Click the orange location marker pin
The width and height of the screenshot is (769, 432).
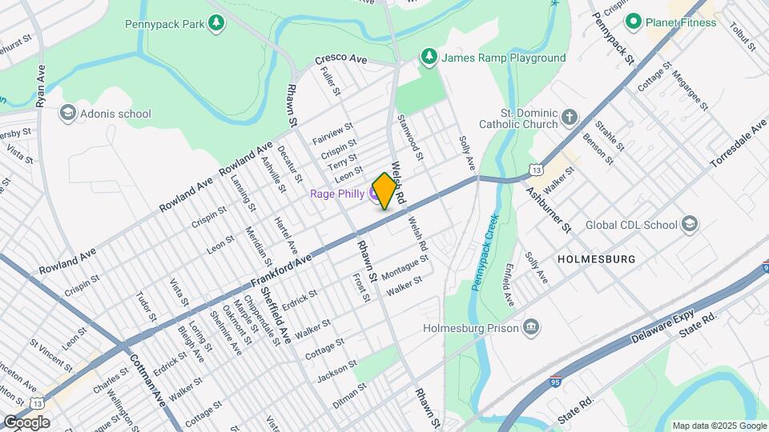tap(384, 190)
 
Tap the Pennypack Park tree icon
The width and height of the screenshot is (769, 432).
tap(215, 24)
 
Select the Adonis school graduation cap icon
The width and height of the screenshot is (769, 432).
tap(67, 114)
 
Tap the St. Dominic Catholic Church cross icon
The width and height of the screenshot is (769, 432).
tap(570, 118)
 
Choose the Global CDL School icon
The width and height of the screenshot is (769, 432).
tap(689, 225)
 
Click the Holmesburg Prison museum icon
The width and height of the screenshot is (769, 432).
tap(530, 326)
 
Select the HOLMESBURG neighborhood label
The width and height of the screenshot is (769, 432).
tap(596, 260)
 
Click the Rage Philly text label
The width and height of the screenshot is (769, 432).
tap(337, 194)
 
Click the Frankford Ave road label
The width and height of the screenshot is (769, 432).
tap(280, 272)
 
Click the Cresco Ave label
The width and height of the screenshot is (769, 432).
tap(340, 59)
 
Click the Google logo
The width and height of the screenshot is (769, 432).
tap(26, 422)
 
